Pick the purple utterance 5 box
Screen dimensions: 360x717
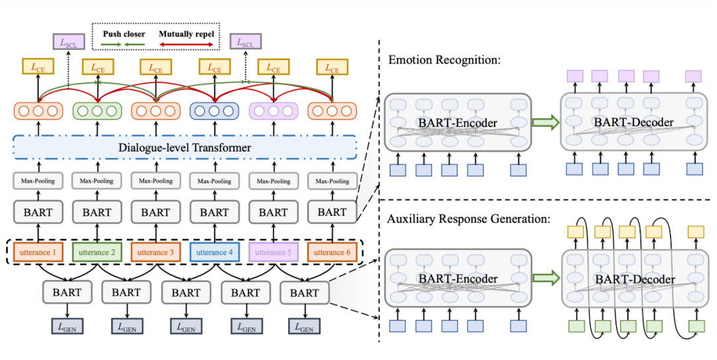pos(273,252)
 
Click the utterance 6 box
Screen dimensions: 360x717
pos(332,252)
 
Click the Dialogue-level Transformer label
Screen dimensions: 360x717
pos(185,147)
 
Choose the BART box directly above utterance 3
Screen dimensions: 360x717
pos(155,213)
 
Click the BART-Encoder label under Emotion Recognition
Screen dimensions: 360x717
pos(458,122)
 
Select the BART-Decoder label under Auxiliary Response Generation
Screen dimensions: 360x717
pos(634,279)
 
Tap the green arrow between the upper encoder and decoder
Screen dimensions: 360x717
pos(546,122)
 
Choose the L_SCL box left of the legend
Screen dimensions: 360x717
pos(67,42)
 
